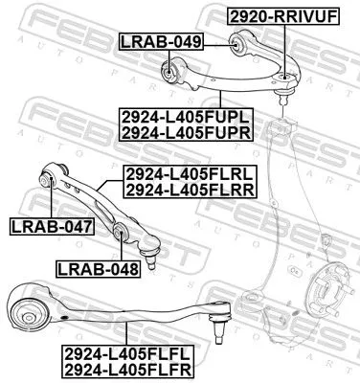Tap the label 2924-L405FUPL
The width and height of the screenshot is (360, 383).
186,116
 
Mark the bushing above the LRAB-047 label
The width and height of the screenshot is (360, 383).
50,176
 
